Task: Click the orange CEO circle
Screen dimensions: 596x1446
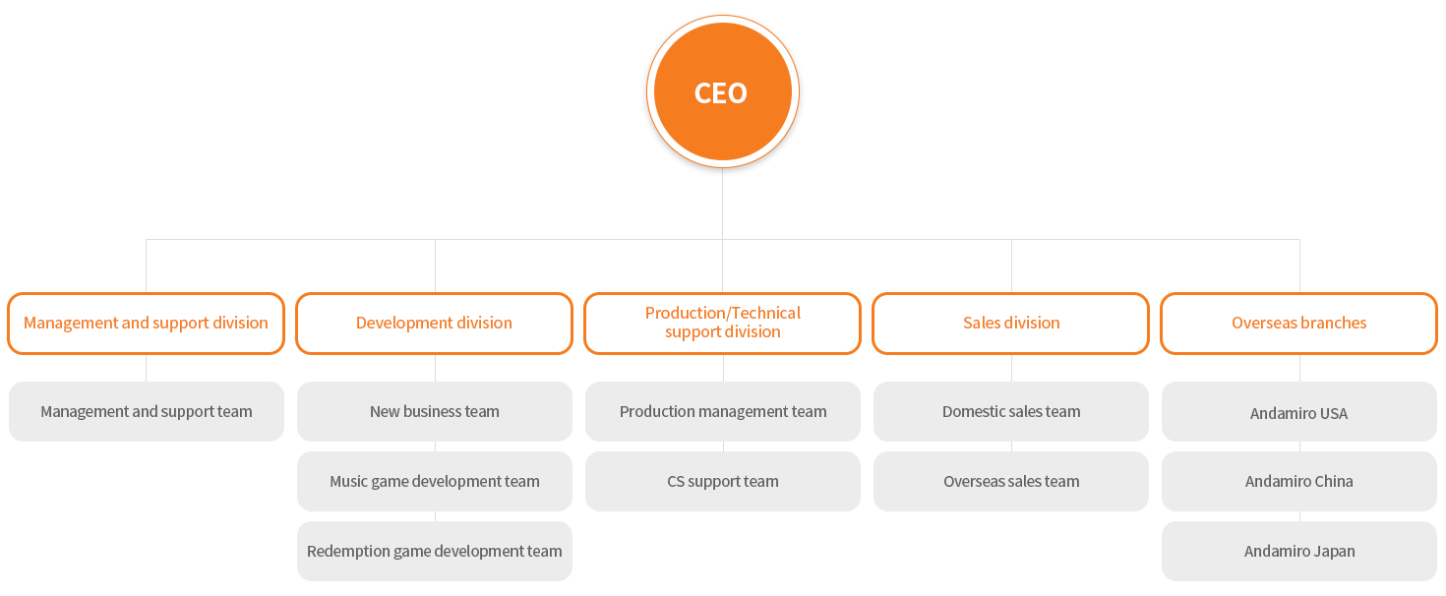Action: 722,92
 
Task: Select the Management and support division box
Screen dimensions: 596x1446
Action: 146,323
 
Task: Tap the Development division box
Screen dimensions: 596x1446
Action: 434,323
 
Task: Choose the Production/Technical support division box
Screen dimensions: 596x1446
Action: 722,323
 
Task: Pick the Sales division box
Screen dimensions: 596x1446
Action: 1010,323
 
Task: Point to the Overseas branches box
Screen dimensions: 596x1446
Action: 1298,323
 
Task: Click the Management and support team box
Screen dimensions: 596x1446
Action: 146,411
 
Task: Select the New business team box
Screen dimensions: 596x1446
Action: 434,411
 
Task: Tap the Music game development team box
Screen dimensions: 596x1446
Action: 434,481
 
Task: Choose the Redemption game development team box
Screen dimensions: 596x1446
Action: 434,551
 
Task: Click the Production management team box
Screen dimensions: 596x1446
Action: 722,411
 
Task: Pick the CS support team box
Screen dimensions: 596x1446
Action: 722,481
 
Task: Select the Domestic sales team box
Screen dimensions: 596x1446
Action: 1010,411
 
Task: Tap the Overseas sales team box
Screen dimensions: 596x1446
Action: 1010,481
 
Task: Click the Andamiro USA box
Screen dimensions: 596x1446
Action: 1298,413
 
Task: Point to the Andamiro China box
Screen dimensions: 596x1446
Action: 1298,481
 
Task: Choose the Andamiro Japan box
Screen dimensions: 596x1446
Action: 1298,551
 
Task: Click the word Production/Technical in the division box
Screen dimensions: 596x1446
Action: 722,313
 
